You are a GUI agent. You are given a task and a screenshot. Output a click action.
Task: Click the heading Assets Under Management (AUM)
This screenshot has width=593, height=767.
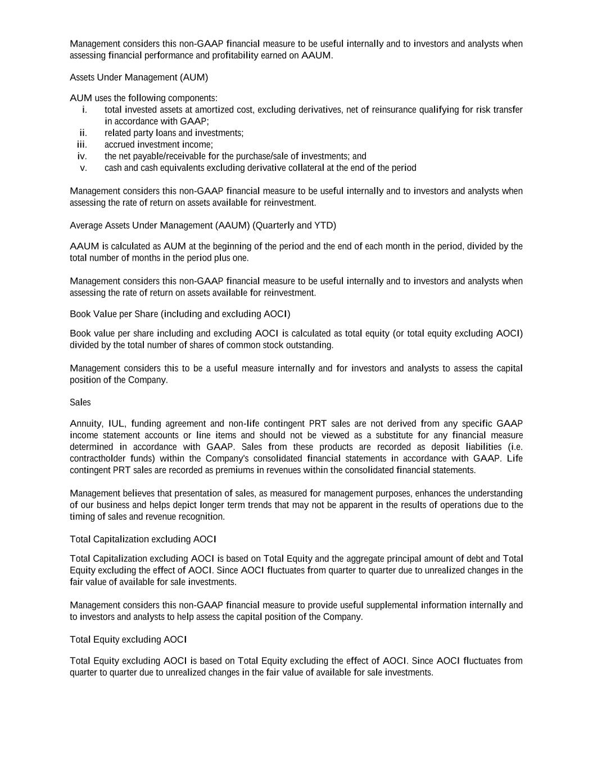[139, 77]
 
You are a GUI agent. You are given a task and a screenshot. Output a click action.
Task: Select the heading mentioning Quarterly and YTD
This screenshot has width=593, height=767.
[202, 225]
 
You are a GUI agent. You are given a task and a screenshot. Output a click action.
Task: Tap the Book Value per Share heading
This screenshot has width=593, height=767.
[180, 314]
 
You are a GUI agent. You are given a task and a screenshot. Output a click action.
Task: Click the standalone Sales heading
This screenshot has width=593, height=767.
[80, 402]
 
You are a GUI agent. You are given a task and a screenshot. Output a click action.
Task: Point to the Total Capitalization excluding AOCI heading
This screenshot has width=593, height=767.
[143, 539]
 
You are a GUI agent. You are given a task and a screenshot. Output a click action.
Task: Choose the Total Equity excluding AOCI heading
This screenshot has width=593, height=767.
[128, 639]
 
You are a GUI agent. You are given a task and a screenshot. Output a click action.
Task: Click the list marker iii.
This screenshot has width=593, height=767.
[82, 144]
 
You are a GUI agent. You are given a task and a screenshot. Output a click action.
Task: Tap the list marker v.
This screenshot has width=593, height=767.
[83, 167]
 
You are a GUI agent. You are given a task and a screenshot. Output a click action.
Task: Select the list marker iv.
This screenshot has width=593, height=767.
[82, 156]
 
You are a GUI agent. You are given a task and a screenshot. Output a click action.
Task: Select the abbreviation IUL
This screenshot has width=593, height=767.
[116, 423]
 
